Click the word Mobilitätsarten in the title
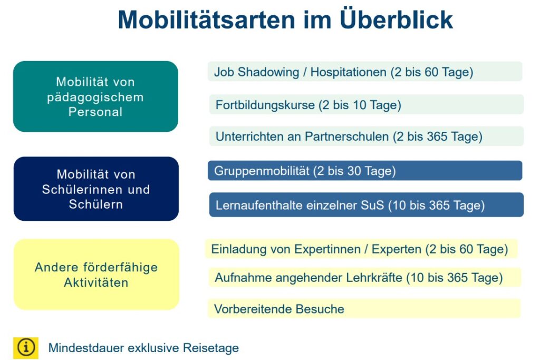(x=207, y=20)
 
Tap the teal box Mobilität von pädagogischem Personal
(x=95, y=96)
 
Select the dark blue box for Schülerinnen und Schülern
(x=96, y=189)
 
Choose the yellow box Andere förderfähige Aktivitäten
(x=97, y=274)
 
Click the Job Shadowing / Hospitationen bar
(x=365, y=72)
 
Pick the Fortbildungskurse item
(x=367, y=105)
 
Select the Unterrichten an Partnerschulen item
(x=367, y=137)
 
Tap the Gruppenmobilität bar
(x=365, y=171)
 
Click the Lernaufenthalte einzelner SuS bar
(x=367, y=205)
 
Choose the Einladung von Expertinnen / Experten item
(x=362, y=249)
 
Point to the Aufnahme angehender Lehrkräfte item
(x=364, y=277)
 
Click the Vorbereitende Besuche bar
(x=364, y=308)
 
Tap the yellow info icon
(x=26, y=347)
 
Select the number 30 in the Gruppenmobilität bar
(x=354, y=171)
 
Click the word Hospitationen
(x=348, y=72)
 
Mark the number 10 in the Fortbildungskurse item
(x=359, y=105)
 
